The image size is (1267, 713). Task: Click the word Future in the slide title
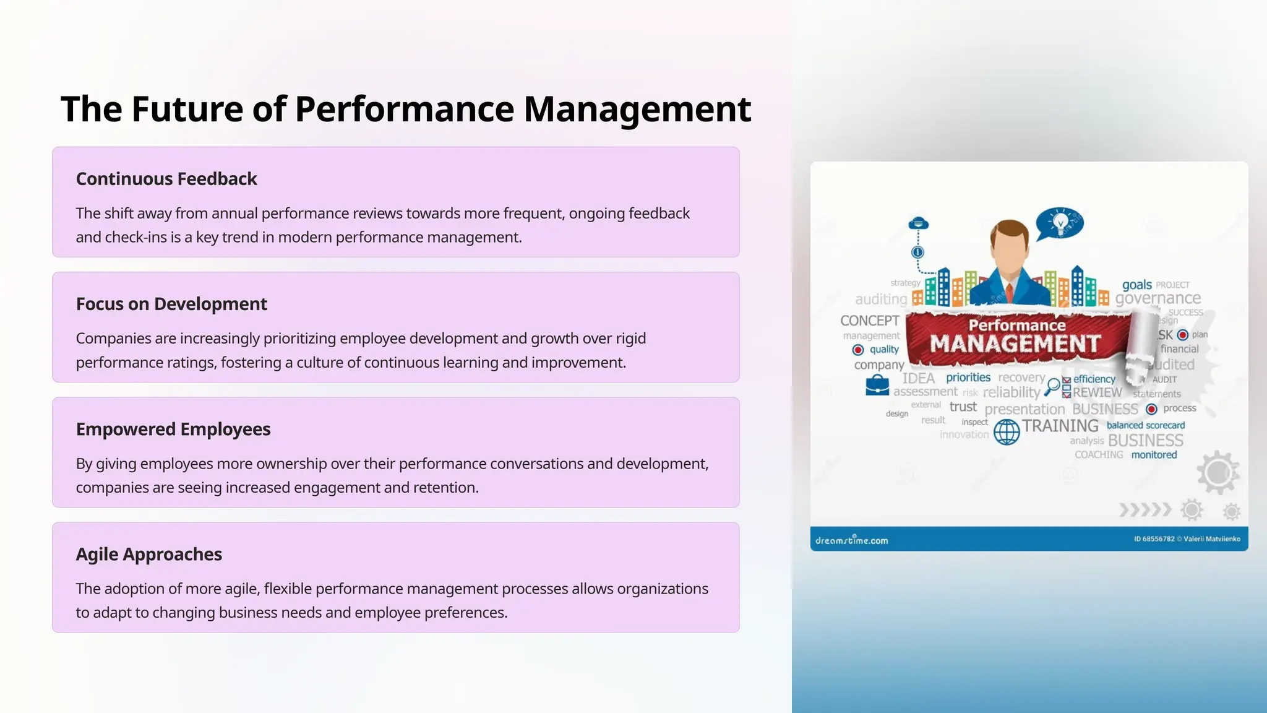coord(187,110)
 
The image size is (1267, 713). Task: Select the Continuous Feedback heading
coord(166,179)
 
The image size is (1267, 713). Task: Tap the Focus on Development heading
coord(171,304)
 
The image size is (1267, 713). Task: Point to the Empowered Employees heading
coord(173,429)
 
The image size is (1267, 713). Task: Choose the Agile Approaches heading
coord(148,554)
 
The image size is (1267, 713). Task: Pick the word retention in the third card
coord(445,488)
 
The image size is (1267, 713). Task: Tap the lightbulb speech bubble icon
coord(1060,223)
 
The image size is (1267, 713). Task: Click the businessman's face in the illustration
coord(1009,246)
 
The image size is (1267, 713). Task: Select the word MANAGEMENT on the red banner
coord(1015,344)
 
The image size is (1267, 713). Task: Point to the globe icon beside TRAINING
coord(1007,431)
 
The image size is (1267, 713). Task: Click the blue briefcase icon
coord(877,386)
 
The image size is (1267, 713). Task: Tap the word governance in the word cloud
coord(1157,298)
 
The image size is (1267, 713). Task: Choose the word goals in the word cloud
coord(1136,285)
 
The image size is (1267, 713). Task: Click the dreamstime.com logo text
coord(851,540)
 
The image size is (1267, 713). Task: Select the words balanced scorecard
coord(1145,425)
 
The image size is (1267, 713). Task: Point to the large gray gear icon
coord(1218,472)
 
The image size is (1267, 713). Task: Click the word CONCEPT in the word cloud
coord(869,321)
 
